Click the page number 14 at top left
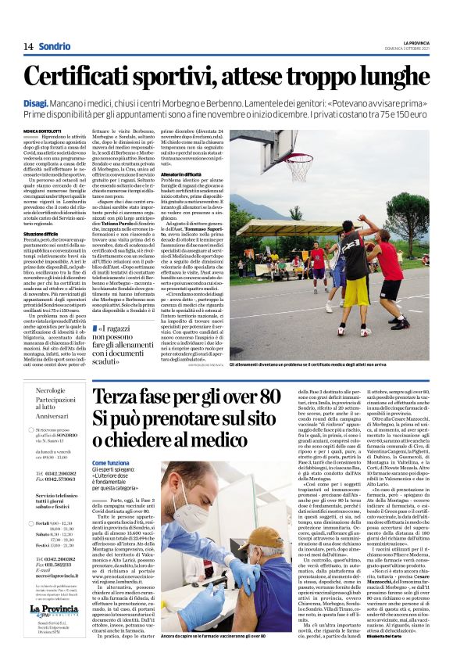(x=28, y=46)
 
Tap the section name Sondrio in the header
(x=54, y=46)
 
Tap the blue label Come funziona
(x=111, y=462)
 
